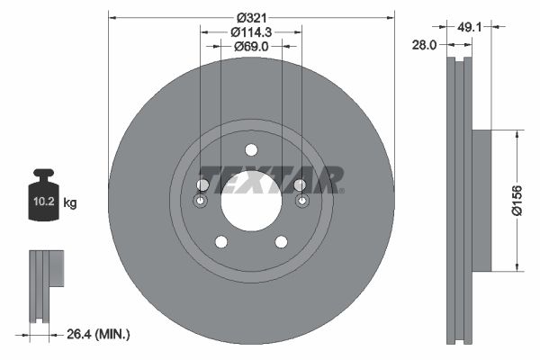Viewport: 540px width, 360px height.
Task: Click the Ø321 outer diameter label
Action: point(251,16)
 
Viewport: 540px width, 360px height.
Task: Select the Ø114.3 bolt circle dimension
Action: point(252,31)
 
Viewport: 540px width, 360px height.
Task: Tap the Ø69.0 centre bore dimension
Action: point(252,46)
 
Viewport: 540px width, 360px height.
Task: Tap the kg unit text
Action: point(70,203)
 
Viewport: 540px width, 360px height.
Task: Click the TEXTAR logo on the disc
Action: point(270,179)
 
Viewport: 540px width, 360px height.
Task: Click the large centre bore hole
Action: point(251,200)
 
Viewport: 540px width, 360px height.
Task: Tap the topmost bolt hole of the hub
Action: point(251,149)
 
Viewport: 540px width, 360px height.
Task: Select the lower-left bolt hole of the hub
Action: point(220,241)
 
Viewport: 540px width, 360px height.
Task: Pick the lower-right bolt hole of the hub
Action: point(281,241)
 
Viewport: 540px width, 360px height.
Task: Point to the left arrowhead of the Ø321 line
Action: point(112,16)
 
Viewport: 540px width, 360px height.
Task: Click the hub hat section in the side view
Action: point(481,200)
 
